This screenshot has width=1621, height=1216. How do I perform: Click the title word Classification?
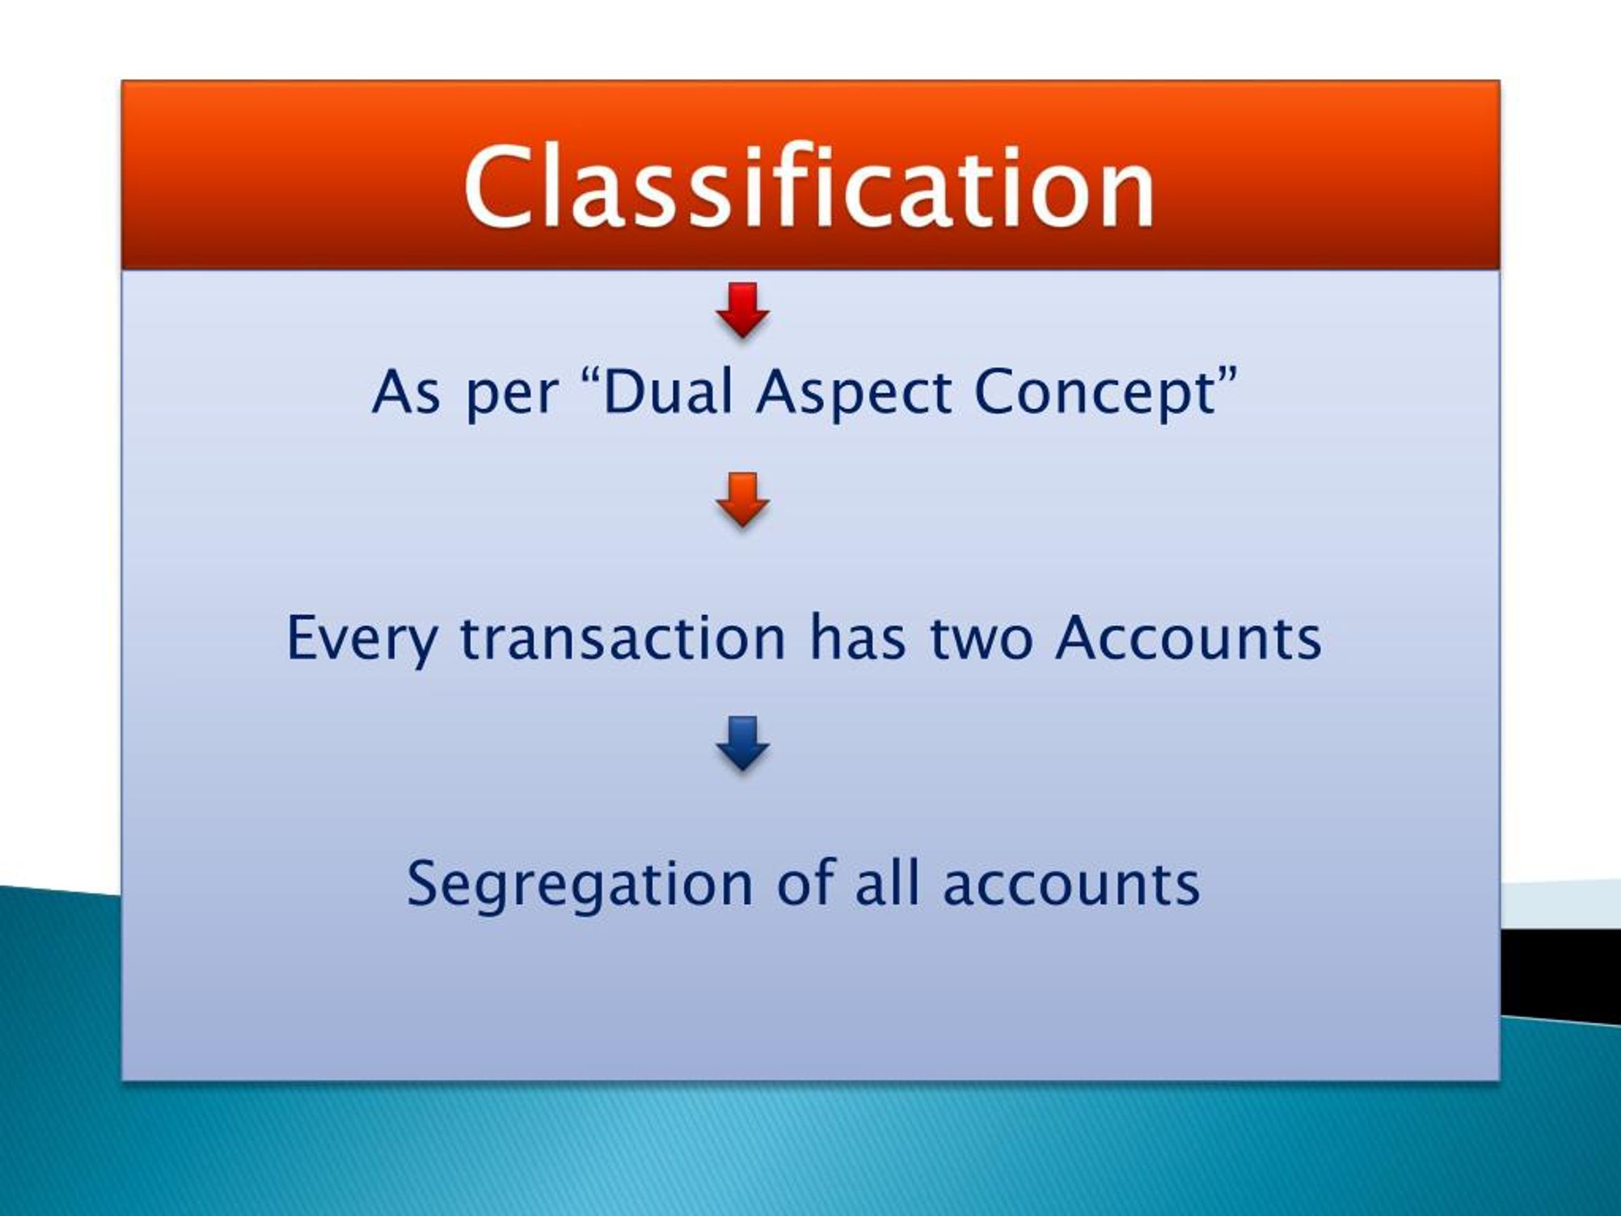point(809,186)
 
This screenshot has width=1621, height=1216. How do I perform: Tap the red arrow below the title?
point(742,310)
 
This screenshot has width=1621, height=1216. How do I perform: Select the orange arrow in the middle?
point(742,500)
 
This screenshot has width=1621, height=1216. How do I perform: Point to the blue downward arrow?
point(742,742)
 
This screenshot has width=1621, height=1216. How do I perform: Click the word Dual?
point(667,392)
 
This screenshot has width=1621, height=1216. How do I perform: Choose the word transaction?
point(623,638)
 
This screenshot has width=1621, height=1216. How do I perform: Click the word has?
point(857,638)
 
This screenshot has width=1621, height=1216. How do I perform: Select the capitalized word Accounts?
point(1188,638)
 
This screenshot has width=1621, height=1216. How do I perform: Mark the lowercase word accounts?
point(1071,884)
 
